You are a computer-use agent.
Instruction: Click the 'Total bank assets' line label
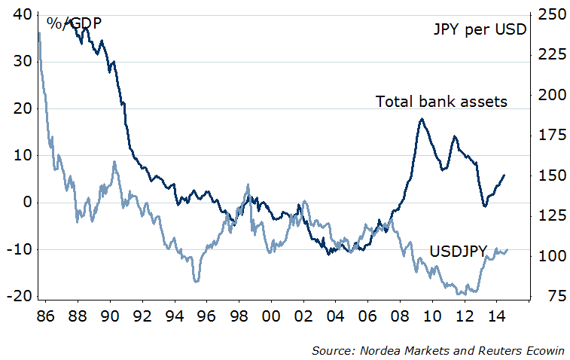(x=441, y=101)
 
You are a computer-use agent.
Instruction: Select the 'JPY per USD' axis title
(x=480, y=30)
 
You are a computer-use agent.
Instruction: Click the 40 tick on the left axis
(x=22, y=14)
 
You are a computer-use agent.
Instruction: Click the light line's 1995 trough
(x=197, y=281)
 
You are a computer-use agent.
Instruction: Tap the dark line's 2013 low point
(x=485, y=206)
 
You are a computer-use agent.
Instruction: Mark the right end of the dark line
(x=504, y=175)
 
